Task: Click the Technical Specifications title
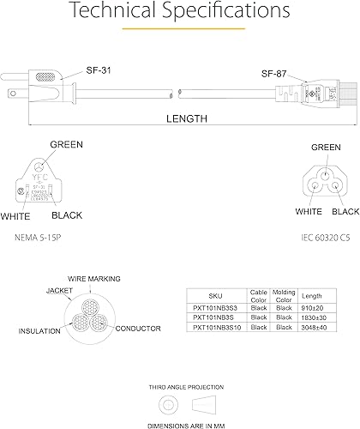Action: coord(179,12)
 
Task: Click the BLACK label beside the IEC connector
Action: coord(345,211)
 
